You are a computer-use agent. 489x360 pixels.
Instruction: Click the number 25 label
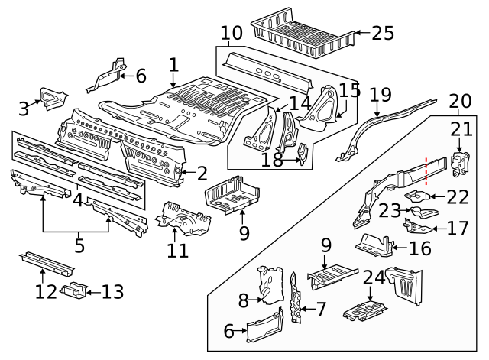pos(383,33)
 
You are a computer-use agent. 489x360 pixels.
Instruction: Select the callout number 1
pos(173,65)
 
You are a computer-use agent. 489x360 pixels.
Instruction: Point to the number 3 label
pos(24,109)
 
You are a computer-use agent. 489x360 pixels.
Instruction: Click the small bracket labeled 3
pos(53,97)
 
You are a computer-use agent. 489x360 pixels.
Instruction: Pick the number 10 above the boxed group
pos(232,34)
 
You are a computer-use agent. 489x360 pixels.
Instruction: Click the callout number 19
pos(380,95)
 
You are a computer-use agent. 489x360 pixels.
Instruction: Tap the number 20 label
pos(460,101)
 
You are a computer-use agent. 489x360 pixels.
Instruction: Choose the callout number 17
pos(457,227)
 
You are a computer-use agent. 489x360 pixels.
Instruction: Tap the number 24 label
pos(374,279)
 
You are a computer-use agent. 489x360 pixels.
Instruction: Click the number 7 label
pos(321,309)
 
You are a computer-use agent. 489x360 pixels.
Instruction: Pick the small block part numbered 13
pos(74,290)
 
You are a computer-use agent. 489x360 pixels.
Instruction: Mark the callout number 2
pos(202,174)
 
